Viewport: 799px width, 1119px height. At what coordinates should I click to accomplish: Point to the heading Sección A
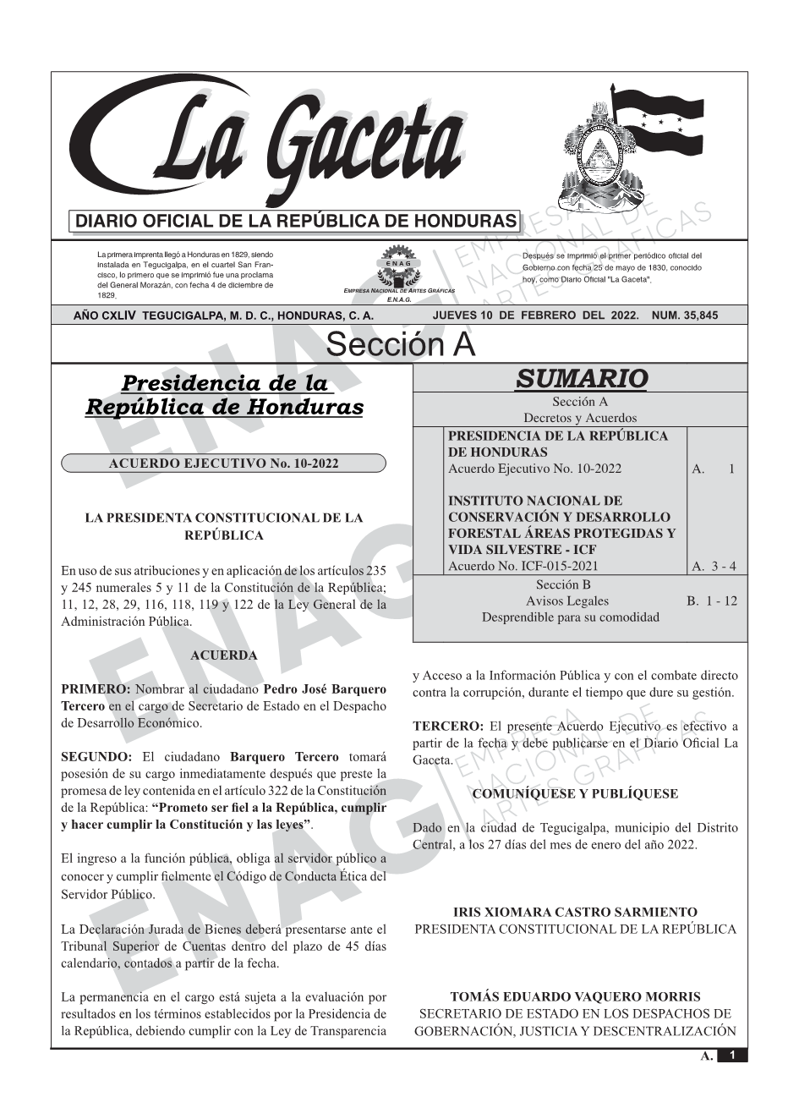(400, 345)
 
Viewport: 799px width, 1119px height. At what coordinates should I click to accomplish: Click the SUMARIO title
(581, 378)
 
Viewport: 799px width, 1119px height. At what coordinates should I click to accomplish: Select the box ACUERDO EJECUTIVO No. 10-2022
(223, 464)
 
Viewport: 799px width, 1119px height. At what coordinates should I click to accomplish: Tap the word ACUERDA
(223, 655)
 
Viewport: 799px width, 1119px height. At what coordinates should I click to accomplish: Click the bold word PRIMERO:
(96, 689)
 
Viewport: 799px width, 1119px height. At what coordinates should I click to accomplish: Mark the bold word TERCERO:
(448, 726)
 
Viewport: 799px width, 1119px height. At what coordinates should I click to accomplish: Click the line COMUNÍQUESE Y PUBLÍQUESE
(575, 793)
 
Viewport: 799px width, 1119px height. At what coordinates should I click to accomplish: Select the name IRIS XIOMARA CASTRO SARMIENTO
(575, 913)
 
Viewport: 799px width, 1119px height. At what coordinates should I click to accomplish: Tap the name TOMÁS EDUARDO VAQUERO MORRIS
(575, 997)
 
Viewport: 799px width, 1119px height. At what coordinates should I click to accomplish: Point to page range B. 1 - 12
(712, 601)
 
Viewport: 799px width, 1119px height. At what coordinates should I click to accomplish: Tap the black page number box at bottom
(732, 1055)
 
